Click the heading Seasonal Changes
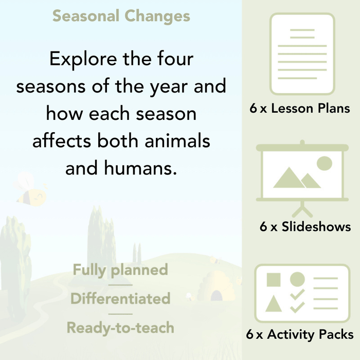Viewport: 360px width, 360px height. pyautogui.click(x=121, y=16)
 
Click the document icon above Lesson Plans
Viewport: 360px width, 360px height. pyautogui.click(x=302, y=54)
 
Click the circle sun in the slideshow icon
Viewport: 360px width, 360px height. pyautogui.click(x=324, y=164)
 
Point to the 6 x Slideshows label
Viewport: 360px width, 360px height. pyautogui.click(x=305, y=227)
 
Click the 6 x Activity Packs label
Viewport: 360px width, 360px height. pyautogui.click(x=299, y=335)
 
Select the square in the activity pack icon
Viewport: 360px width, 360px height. pyautogui.click(x=274, y=280)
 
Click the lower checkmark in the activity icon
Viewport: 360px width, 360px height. pyautogui.click(x=297, y=307)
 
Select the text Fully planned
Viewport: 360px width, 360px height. pyautogui.click(x=120, y=270)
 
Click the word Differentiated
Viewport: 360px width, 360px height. pyautogui.click(x=120, y=299)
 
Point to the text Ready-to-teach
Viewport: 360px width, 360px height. pyautogui.click(x=120, y=328)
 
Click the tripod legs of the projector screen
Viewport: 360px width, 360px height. pyautogui.click(x=302, y=210)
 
